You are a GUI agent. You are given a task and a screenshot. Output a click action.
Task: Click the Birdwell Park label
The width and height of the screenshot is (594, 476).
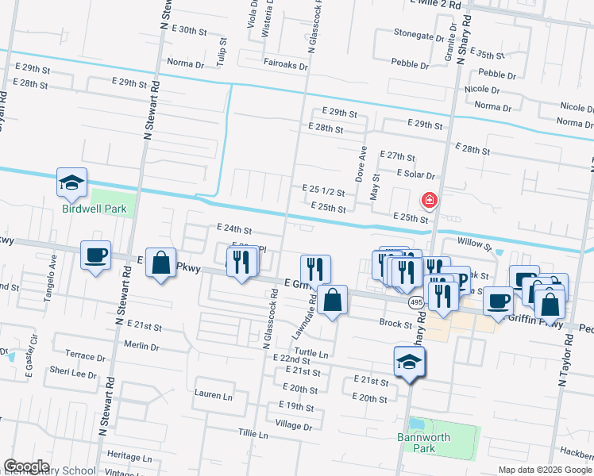point(94,209)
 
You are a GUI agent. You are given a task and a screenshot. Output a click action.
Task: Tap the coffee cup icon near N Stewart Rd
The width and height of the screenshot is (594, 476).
point(96,255)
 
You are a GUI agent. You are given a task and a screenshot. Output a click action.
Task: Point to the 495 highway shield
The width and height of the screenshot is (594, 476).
point(416,303)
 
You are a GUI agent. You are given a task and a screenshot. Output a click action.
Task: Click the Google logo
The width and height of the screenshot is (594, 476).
point(26,467)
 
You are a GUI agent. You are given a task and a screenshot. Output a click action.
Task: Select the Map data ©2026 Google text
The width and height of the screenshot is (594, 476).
point(544,470)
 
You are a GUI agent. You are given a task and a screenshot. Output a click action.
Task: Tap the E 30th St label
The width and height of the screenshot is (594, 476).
point(188,30)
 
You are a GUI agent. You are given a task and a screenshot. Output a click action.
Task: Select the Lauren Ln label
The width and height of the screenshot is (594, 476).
point(214,394)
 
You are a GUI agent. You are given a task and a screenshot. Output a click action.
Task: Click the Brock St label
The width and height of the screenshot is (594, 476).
point(395,324)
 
